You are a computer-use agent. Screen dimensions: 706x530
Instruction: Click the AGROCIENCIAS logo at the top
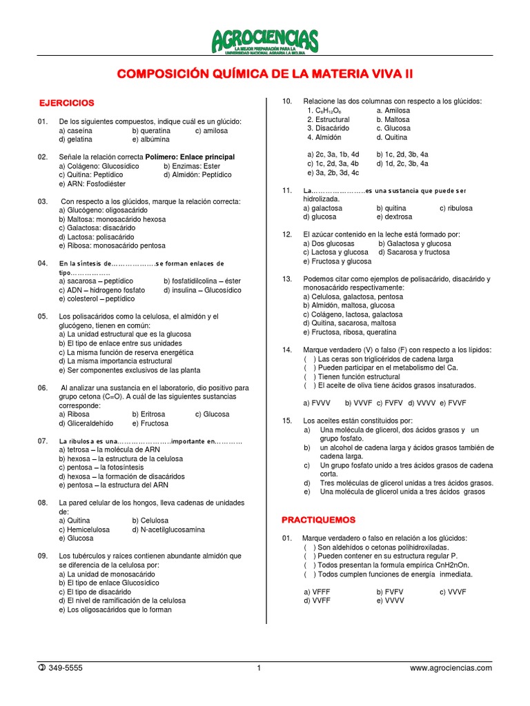[265, 41]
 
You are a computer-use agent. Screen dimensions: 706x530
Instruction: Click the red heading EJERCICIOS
[66, 103]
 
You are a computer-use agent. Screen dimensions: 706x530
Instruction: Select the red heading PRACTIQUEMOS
[319, 519]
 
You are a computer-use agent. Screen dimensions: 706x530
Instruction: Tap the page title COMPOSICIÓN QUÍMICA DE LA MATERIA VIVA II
[265, 74]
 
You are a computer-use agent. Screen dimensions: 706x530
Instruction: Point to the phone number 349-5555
[66, 667]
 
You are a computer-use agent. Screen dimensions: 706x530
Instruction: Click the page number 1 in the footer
[258, 667]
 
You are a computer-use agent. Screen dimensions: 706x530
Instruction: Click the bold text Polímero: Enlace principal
[190, 157]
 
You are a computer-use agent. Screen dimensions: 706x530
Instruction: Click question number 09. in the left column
[43, 556]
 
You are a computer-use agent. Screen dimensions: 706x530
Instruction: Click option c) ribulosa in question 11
[455, 208]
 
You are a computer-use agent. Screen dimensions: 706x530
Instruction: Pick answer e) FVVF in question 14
[453, 402]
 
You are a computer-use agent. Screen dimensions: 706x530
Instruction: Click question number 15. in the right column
[288, 420]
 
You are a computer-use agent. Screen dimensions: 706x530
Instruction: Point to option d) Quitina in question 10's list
[392, 137]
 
